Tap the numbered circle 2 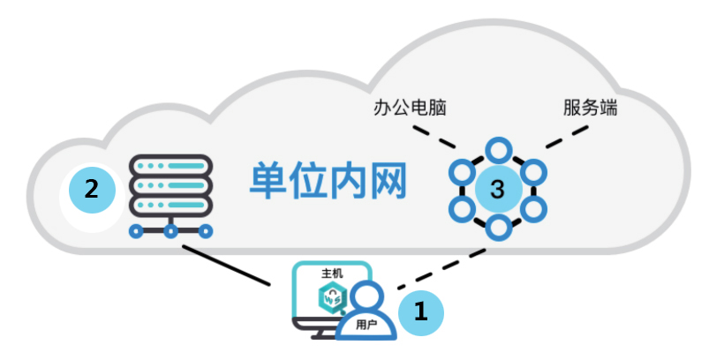92,189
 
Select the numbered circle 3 497,189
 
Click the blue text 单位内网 327,182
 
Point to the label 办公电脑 408,109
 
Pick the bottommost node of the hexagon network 499,230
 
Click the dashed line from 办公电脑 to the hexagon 441,139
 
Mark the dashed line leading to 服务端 565,138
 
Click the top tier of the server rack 170,165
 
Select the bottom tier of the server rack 170,209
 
